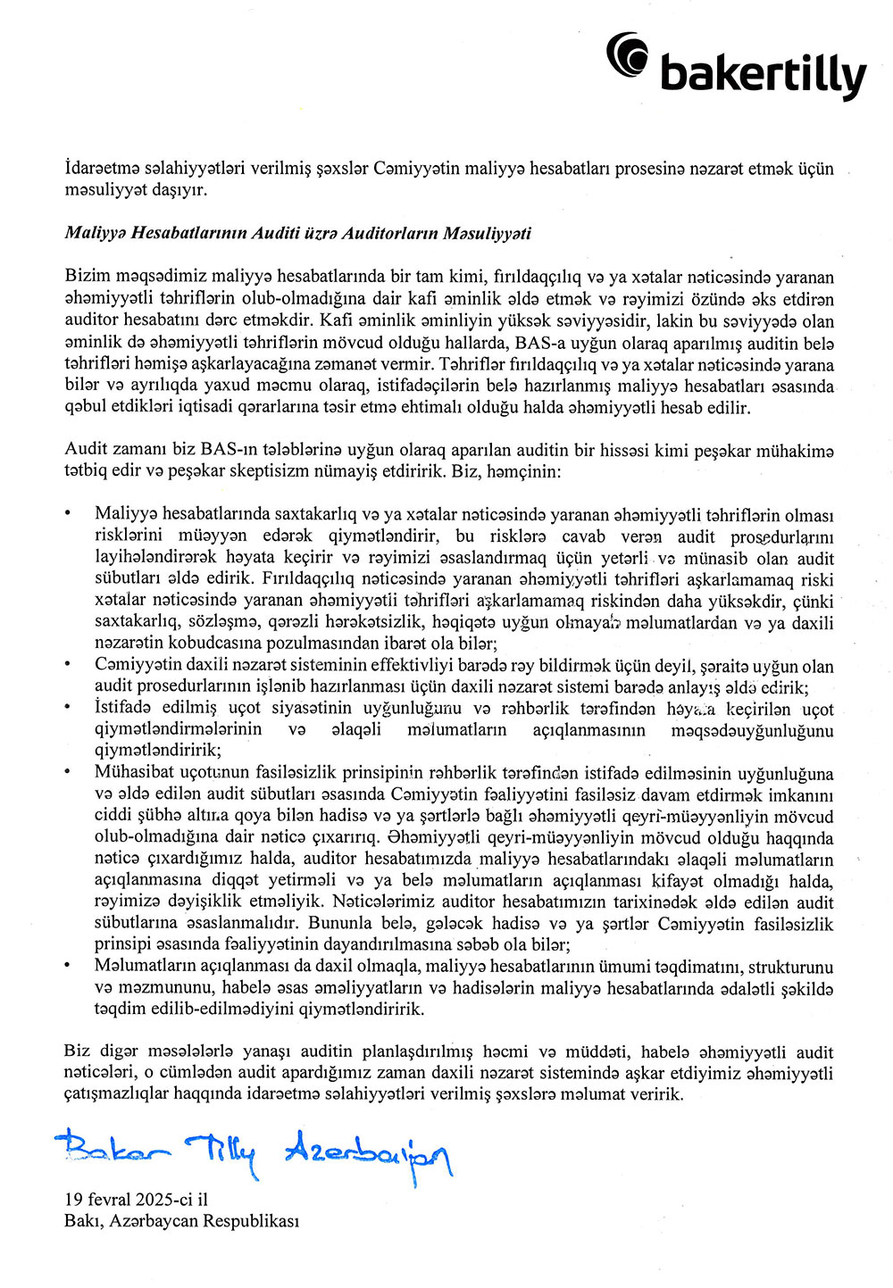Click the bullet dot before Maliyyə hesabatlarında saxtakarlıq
68,515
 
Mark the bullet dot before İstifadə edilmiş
68,709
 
